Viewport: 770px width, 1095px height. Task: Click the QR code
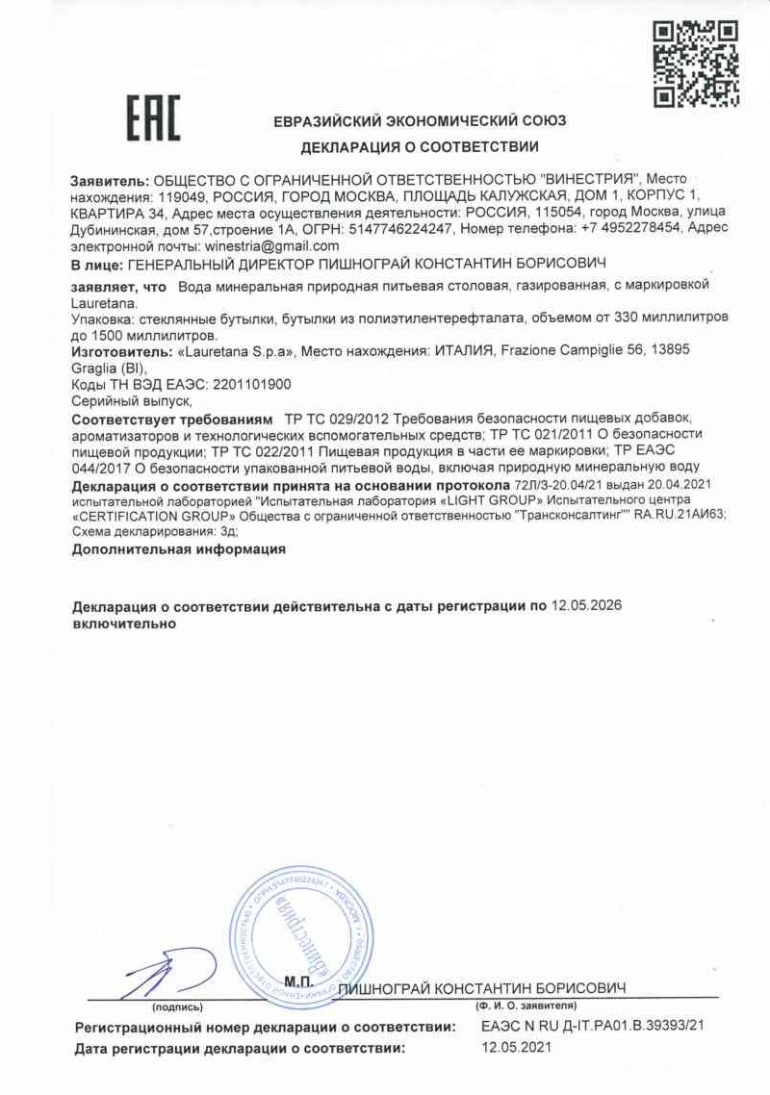click(697, 64)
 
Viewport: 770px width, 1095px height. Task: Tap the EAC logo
click(153, 118)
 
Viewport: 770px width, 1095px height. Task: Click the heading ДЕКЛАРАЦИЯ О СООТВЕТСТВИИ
click(420, 147)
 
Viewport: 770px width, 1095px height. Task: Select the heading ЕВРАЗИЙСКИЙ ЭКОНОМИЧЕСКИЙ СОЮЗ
click(420, 121)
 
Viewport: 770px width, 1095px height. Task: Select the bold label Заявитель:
click(110, 180)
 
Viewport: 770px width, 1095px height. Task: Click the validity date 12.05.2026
click(586, 606)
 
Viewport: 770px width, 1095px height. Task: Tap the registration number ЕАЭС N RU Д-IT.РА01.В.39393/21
click(593, 1027)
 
